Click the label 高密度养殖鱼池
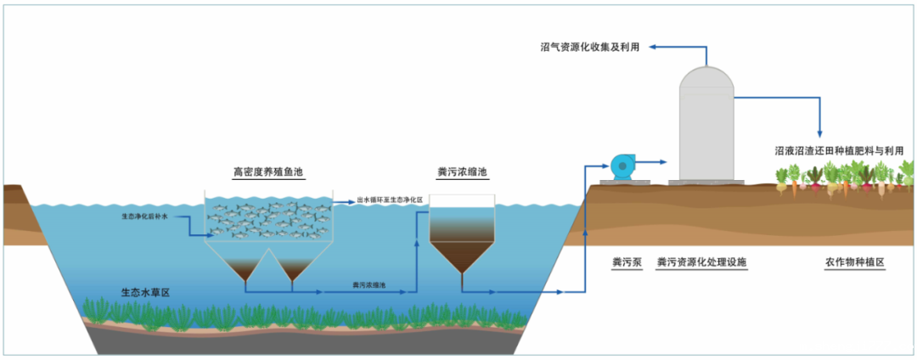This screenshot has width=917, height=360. coord(268,172)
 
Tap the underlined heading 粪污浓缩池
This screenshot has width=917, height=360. coord(462,172)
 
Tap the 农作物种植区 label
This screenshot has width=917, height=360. coord(854,262)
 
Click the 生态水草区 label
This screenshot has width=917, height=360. coord(145,293)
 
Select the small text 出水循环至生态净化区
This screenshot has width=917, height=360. coord(390,200)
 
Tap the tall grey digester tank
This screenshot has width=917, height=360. coord(706,127)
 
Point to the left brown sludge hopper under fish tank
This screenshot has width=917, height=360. coord(245,268)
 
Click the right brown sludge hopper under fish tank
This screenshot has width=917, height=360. coord(294,268)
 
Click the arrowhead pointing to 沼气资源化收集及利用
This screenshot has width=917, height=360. coord(654,48)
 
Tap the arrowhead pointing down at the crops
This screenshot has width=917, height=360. coord(819,132)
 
